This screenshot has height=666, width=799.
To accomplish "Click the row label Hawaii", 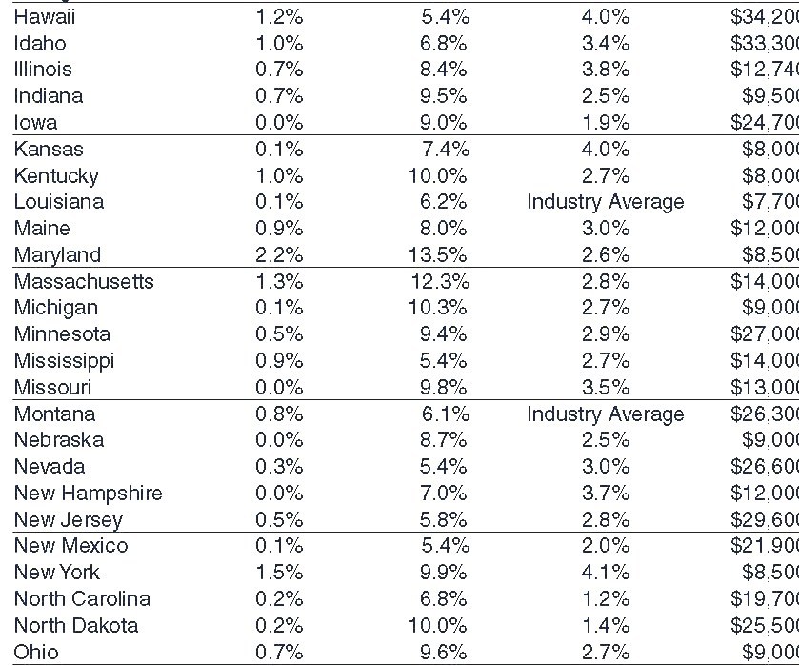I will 46,16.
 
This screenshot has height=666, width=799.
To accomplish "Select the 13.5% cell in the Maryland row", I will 438,255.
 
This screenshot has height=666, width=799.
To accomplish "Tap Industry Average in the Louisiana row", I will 605,202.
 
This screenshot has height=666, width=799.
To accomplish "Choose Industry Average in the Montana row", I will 605,414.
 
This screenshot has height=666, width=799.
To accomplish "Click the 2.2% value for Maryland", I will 279,255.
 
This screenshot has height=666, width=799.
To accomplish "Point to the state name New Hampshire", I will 88,494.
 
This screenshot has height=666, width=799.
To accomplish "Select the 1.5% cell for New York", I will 279,573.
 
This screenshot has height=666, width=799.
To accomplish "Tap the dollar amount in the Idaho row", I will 764,43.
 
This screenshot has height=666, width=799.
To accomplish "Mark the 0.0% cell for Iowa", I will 279,123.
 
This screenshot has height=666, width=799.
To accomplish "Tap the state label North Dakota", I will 76,626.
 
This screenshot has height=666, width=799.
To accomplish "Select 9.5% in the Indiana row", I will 443,96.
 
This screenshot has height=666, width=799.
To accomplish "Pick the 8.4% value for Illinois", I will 443,70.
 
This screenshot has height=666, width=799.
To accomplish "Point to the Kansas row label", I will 49,150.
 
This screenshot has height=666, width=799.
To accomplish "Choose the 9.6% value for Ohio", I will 443,653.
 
